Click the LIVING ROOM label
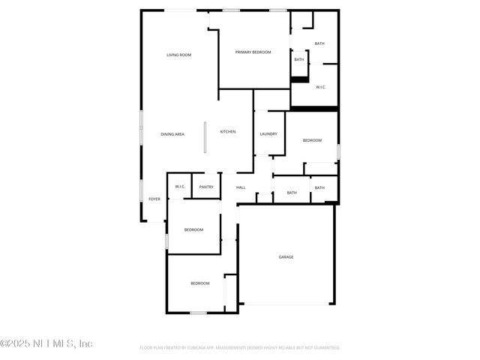point(178,55)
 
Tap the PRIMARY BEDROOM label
point(253,52)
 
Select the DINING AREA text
point(172,134)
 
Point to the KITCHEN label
point(227,132)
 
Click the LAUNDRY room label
point(268,134)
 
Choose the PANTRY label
point(206,187)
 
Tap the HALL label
point(241,187)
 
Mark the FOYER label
point(154,199)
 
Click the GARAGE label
point(286,257)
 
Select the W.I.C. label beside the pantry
point(180,187)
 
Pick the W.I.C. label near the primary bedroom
point(321,87)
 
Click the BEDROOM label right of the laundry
point(312,140)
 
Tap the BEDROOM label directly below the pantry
point(193,229)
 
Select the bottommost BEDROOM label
point(199,283)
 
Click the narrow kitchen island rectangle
point(205,137)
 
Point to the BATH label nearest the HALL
point(292,193)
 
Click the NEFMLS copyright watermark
point(46,343)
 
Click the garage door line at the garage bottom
point(286,304)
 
